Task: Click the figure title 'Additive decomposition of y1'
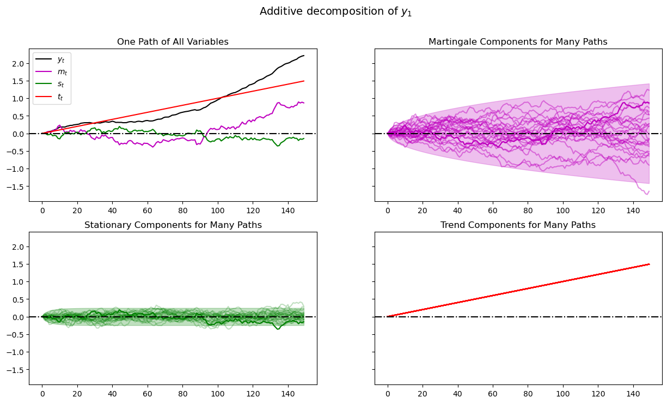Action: click(x=335, y=11)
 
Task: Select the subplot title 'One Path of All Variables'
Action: click(x=173, y=42)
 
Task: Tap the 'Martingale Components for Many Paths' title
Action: click(x=518, y=42)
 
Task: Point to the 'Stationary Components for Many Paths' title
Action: click(x=173, y=225)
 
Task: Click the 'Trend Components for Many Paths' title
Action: click(x=518, y=225)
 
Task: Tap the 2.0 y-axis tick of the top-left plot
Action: click(x=20, y=63)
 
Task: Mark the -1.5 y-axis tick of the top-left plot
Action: click(x=18, y=187)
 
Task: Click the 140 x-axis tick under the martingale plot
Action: click(x=633, y=210)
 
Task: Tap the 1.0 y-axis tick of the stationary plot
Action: click(x=20, y=282)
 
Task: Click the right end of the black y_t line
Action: click(x=304, y=56)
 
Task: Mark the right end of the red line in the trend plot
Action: click(x=649, y=264)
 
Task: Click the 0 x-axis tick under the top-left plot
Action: click(x=42, y=210)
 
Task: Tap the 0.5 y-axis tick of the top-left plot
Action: click(x=20, y=116)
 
